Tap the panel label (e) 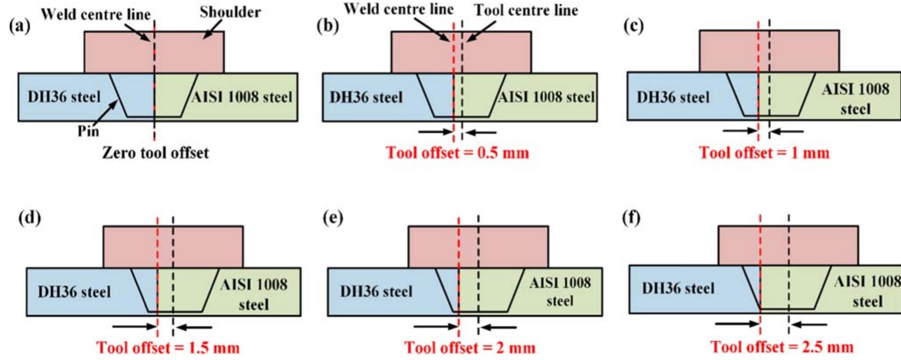click(x=332, y=217)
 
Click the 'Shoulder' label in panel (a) click(x=230, y=12)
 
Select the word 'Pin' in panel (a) click(x=88, y=131)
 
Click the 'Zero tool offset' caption click(x=155, y=153)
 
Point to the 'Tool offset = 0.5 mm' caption click(x=457, y=153)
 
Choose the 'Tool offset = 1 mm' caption click(x=764, y=153)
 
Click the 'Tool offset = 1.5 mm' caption click(x=168, y=347)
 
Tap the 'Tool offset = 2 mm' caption click(x=470, y=347)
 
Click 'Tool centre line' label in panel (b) click(x=526, y=10)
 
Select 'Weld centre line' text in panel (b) click(x=399, y=9)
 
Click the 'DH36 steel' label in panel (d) click(x=74, y=292)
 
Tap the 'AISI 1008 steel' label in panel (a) click(x=242, y=97)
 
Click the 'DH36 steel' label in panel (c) click(x=673, y=97)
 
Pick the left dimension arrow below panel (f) click(x=737, y=323)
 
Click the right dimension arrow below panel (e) click(x=500, y=327)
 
